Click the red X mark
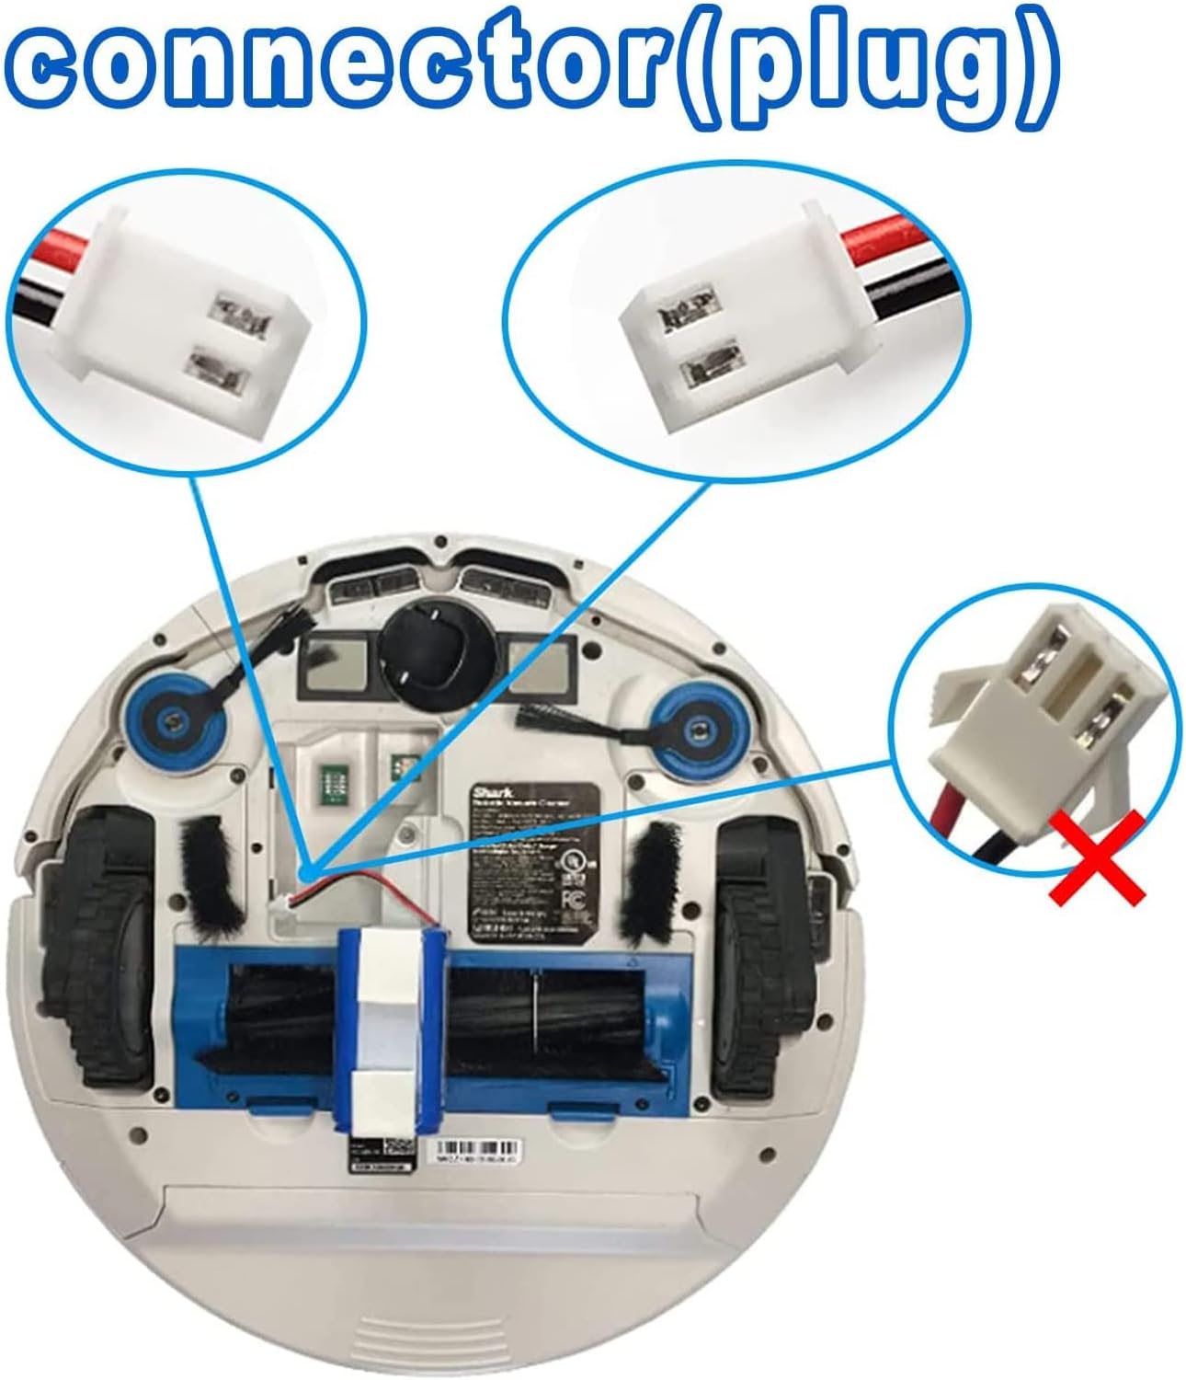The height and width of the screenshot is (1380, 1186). pos(1097,857)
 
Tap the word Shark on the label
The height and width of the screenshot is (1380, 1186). pos(488,791)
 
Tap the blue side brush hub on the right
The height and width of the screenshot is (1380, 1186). pos(698,730)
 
